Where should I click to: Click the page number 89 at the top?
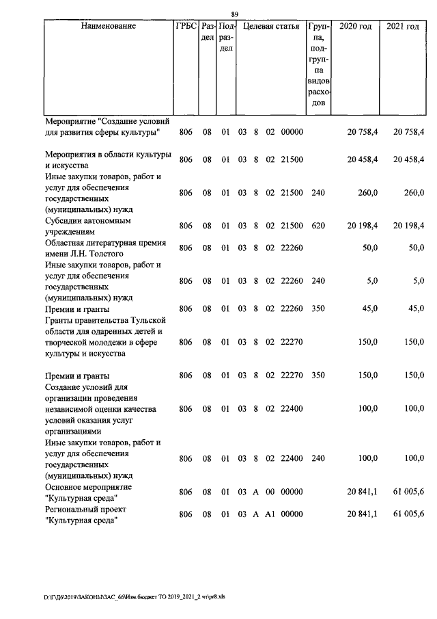(234, 15)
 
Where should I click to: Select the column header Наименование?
(108, 27)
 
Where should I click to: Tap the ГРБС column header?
(186, 27)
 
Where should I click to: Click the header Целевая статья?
(271, 27)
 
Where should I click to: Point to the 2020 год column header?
(355, 27)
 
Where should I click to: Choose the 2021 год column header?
(403, 27)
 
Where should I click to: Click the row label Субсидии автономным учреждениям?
(88, 227)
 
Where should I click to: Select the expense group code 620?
(318, 226)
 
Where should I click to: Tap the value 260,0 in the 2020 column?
(368, 193)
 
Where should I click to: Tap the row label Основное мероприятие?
(89, 486)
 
